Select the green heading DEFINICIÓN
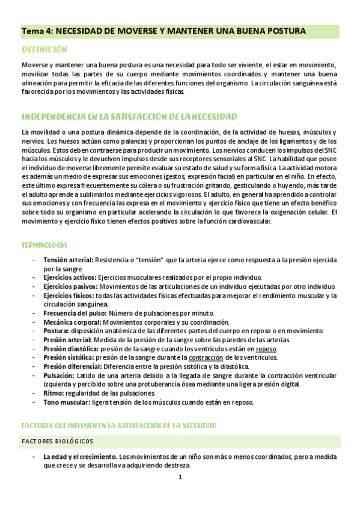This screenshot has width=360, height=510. pyautogui.click(x=44, y=49)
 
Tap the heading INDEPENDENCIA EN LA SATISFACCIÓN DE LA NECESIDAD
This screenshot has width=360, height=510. pyautogui.click(x=129, y=116)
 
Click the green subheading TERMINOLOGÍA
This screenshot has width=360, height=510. pyautogui.click(x=44, y=245)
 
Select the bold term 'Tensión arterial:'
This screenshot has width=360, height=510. pyautogui.click(x=68, y=260)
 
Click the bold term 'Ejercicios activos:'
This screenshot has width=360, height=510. pyautogui.click(x=69, y=277)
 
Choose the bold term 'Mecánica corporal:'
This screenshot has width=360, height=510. pyautogui.click(x=71, y=322)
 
